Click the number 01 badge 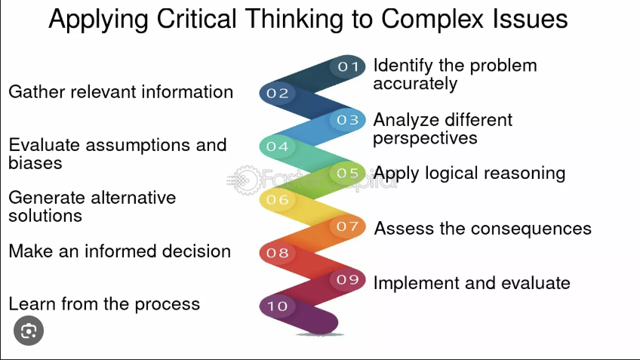[x=347, y=66]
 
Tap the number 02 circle [x=278, y=93]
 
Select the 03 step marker [x=347, y=120]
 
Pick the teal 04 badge [x=278, y=146]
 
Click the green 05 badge [x=347, y=173]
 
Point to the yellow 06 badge [x=278, y=199]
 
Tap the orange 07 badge [x=347, y=226]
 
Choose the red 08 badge [x=278, y=253]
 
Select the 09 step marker [x=347, y=279]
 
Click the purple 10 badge [x=278, y=306]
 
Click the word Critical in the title [x=196, y=18]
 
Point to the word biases [x=35, y=163]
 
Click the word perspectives [x=425, y=139]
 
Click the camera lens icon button [x=29, y=331]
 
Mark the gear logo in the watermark [x=247, y=180]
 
